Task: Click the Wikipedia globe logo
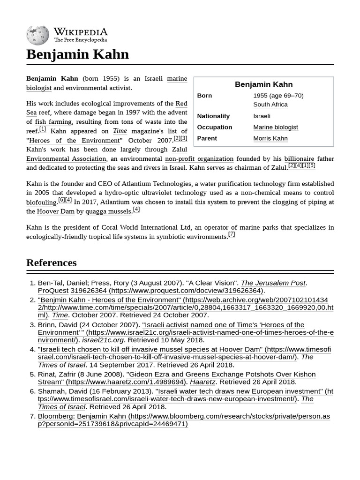click(x=37, y=35)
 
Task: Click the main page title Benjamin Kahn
click(x=77, y=54)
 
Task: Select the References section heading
click(x=51, y=262)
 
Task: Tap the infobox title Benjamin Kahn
click(x=263, y=84)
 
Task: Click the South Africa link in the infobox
click(x=270, y=105)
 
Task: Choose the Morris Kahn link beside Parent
click(x=270, y=138)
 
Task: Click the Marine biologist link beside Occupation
click(x=276, y=127)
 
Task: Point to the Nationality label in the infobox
click(x=213, y=116)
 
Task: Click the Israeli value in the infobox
click(x=262, y=116)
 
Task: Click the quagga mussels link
click(x=108, y=211)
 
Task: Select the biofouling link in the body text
click(x=42, y=202)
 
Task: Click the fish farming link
click(x=53, y=122)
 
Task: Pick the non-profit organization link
click(x=199, y=158)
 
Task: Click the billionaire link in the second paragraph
click(x=299, y=158)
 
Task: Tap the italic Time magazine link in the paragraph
click(x=120, y=131)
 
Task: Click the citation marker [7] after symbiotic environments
click(x=232, y=234)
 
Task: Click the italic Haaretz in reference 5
click(x=202, y=382)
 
